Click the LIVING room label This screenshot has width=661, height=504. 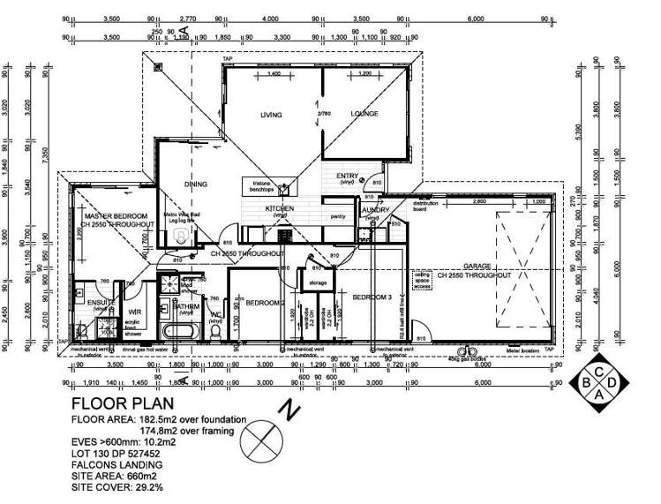pyautogui.click(x=270, y=115)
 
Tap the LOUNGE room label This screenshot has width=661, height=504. pyautogui.click(x=364, y=114)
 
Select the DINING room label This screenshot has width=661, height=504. pyautogui.click(x=195, y=184)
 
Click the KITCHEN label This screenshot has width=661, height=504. pyautogui.click(x=282, y=209)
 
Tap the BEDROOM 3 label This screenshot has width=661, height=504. pyautogui.click(x=372, y=298)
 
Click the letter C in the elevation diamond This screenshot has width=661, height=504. pyautogui.click(x=599, y=370)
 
